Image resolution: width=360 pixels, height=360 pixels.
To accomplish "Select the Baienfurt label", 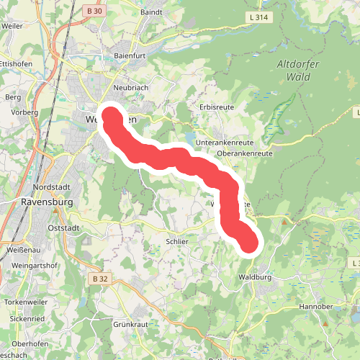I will click(131, 55).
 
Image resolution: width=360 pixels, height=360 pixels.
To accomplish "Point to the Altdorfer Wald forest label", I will click(296, 71).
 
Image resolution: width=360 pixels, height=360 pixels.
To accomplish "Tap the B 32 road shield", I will click(99, 278).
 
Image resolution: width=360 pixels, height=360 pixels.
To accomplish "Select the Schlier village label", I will click(176, 242).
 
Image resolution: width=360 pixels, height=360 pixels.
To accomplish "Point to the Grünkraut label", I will click(130, 325).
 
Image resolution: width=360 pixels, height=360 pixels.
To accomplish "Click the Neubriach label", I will click(130, 87).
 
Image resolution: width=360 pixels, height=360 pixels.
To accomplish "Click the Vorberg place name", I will click(24, 113).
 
